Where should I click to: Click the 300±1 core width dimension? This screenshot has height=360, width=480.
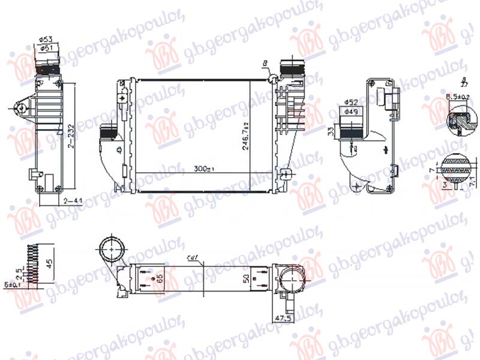point(204,170)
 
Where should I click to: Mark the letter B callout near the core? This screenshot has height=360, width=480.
point(265,62)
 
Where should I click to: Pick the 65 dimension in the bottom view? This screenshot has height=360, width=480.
point(159,278)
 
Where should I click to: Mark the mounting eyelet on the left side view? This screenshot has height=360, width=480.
point(22,108)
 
